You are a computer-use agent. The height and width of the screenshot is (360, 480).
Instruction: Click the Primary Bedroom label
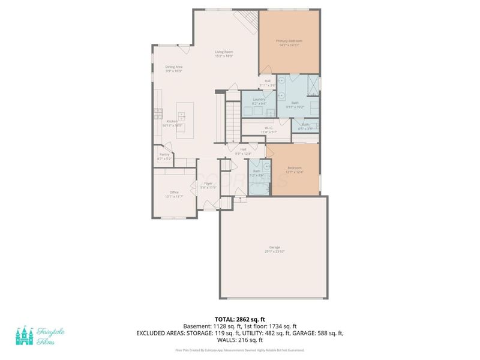click(x=289, y=41)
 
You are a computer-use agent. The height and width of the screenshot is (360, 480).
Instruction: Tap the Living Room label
click(x=224, y=52)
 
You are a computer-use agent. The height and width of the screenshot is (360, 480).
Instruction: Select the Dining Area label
click(x=174, y=67)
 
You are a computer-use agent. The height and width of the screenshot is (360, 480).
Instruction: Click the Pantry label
click(x=164, y=154)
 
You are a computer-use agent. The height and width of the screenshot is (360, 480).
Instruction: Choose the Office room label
click(x=174, y=192)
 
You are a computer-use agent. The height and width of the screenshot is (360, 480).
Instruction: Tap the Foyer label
click(x=208, y=184)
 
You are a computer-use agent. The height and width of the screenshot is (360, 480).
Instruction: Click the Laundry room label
click(x=259, y=100)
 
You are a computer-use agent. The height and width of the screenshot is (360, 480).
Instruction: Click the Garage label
click(x=275, y=247)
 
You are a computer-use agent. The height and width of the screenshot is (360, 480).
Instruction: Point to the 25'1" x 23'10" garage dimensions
click(x=275, y=251)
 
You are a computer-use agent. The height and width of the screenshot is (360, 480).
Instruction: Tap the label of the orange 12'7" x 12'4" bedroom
click(x=294, y=167)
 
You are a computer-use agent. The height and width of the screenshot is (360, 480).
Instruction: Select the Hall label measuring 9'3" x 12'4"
click(x=244, y=149)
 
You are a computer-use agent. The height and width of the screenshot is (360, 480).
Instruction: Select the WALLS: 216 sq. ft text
click(x=240, y=339)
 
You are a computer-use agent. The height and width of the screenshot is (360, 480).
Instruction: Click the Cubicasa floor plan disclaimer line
click(x=240, y=350)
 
